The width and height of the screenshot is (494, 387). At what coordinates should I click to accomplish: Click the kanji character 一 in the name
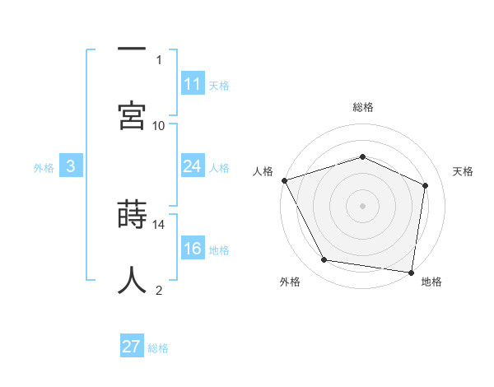point(132,49)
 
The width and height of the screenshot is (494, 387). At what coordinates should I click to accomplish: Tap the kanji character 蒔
point(132,216)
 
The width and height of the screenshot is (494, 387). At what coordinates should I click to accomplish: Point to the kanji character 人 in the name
point(132,280)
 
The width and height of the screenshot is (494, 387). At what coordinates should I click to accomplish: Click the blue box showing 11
point(193,84)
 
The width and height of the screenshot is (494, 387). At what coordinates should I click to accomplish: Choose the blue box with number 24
point(193,166)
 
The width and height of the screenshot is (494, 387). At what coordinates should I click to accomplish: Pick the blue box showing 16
point(193,249)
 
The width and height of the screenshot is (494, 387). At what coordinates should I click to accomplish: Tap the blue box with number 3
point(71,166)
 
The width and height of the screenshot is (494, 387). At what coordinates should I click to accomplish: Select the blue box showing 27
point(132,347)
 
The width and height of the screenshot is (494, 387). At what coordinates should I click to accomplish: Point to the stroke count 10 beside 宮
point(159,125)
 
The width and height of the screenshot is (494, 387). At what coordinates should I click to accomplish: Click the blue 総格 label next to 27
point(158,348)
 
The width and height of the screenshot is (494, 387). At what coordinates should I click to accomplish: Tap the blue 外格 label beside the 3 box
point(44,167)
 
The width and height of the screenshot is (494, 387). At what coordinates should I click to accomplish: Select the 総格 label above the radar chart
point(363,107)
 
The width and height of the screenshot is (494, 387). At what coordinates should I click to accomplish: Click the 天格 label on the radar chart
point(464,171)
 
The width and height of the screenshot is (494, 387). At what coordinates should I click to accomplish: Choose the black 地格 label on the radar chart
point(431,282)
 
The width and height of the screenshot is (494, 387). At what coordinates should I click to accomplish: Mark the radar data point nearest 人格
point(284,180)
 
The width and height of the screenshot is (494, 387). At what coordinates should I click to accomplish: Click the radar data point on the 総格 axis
point(362,156)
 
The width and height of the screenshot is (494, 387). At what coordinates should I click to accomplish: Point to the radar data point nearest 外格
point(324,260)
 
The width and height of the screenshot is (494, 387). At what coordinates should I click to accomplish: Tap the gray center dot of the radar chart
point(362,205)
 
